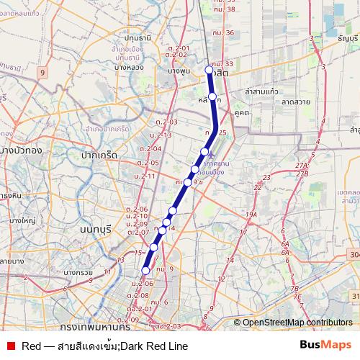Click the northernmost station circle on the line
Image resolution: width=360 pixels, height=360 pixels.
click(x=210, y=70)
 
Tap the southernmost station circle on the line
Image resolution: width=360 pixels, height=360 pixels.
click(x=145, y=271)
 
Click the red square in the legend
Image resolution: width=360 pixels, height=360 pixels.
click(x=10, y=346)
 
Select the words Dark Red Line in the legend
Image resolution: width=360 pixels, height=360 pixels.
click(x=154, y=346)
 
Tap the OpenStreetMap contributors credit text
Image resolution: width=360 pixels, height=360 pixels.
click(x=297, y=323)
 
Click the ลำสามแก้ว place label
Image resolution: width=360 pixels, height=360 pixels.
click(x=261, y=92)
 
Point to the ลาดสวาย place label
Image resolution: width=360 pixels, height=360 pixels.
click(x=296, y=102)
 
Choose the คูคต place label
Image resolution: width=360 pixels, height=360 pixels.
click(x=241, y=112)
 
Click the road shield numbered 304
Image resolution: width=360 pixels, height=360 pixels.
click(x=354, y=254)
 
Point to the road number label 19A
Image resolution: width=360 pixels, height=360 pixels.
click(x=251, y=214)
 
